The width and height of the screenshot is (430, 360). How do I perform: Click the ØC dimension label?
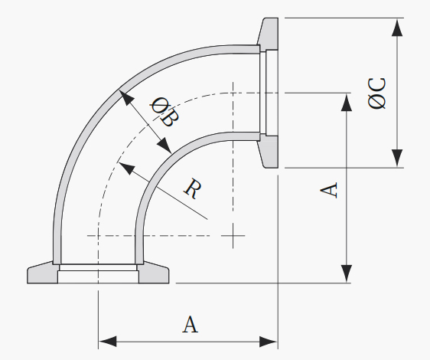coord(376,93)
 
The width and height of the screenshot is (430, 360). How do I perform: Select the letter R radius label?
coord(193,188)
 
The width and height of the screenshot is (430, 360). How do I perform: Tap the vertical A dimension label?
coord(329,190)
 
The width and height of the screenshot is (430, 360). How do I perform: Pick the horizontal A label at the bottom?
coord(190,324)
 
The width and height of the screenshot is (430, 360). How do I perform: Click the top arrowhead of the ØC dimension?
coord(397,28)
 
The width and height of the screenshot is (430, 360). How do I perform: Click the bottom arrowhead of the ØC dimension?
coord(397,158)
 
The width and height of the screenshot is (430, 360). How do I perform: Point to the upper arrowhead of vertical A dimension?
coord(347,102)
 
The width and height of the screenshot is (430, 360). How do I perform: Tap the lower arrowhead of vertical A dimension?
coord(347,273)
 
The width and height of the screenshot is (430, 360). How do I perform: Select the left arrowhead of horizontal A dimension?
coord(107,342)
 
